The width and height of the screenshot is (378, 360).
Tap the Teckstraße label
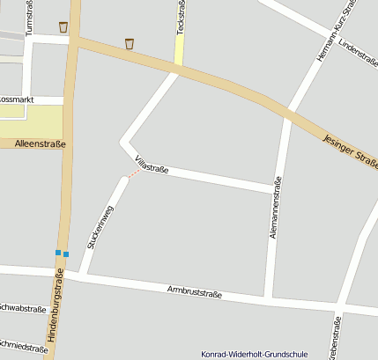click(180, 18)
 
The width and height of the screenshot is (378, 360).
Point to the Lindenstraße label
click(358, 54)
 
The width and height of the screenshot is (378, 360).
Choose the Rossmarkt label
click(15, 100)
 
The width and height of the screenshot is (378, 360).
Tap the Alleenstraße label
click(41, 143)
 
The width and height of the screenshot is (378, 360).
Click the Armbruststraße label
click(194, 292)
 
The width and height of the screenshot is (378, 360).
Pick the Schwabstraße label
click(23, 308)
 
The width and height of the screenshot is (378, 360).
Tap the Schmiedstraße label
click(24, 347)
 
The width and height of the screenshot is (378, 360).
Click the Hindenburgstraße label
click(57, 313)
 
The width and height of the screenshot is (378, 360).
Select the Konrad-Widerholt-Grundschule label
click(255, 354)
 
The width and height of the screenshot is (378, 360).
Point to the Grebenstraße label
click(335, 340)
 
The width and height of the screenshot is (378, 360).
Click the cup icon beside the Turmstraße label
click(63, 26)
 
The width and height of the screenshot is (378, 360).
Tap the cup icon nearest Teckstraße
click(130, 43)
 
